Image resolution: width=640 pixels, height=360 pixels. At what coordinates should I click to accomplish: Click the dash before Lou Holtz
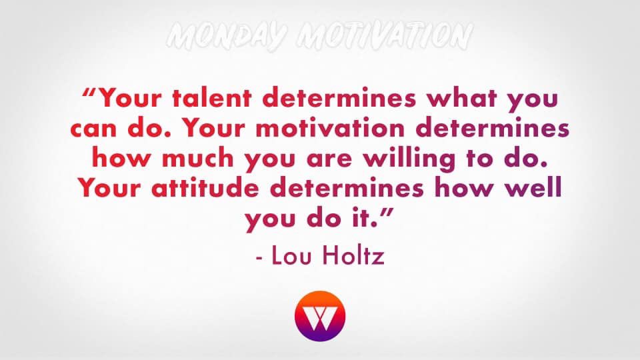point(260,257)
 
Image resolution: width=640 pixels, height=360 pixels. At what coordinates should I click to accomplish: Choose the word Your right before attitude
point(115,189)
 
